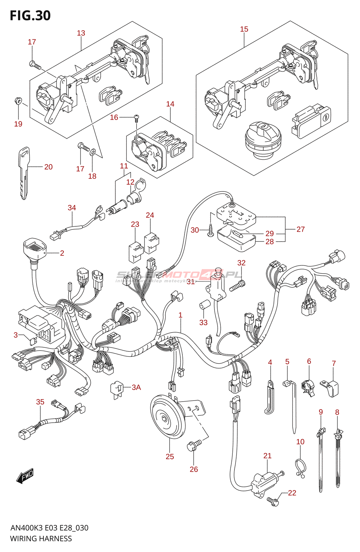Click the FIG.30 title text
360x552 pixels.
click(30, 16)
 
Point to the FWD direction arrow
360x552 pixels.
click(25, 476)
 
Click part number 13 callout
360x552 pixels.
click(81, 33)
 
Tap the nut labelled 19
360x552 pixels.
click(18, 101)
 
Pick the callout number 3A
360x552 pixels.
click(136, 387)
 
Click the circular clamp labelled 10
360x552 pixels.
click(300, 467)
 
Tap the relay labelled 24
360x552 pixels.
click(152, 243)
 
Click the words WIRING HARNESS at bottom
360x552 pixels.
click(41, 539)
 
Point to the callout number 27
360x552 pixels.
click(300, 229)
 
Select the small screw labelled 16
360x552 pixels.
click(136, 118)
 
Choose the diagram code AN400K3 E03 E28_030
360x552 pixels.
click(49, 528)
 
